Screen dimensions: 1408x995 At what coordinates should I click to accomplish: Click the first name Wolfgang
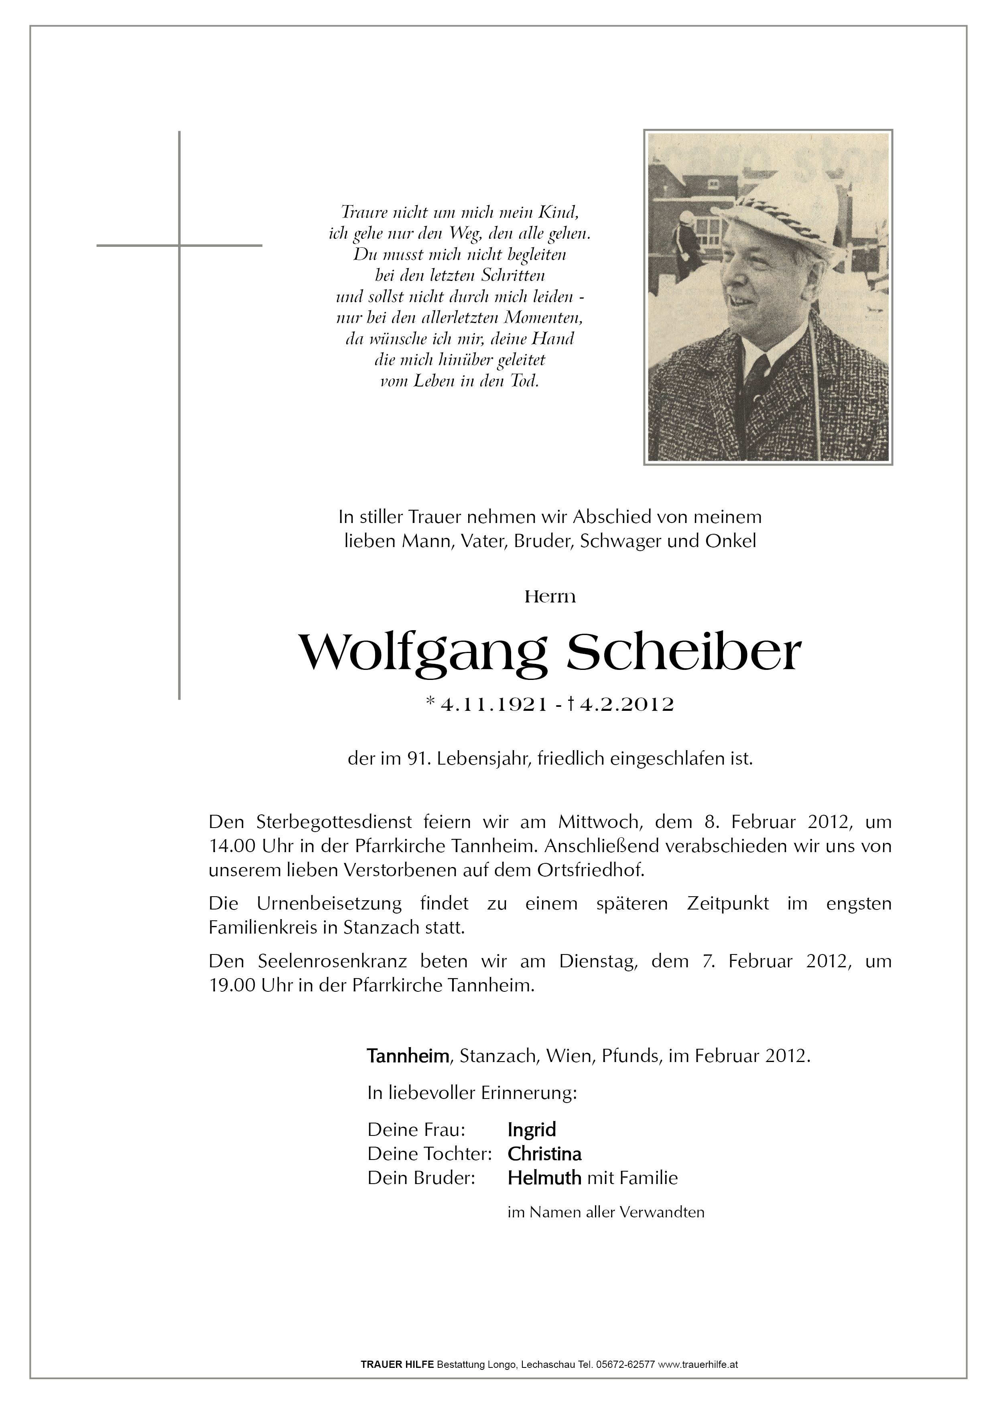click(422, 654)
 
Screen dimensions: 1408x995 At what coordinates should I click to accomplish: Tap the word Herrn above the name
click(550, 597)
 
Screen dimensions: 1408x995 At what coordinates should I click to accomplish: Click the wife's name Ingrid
click(532, 1129)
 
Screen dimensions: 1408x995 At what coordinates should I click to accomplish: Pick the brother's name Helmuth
click(544, 1178)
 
